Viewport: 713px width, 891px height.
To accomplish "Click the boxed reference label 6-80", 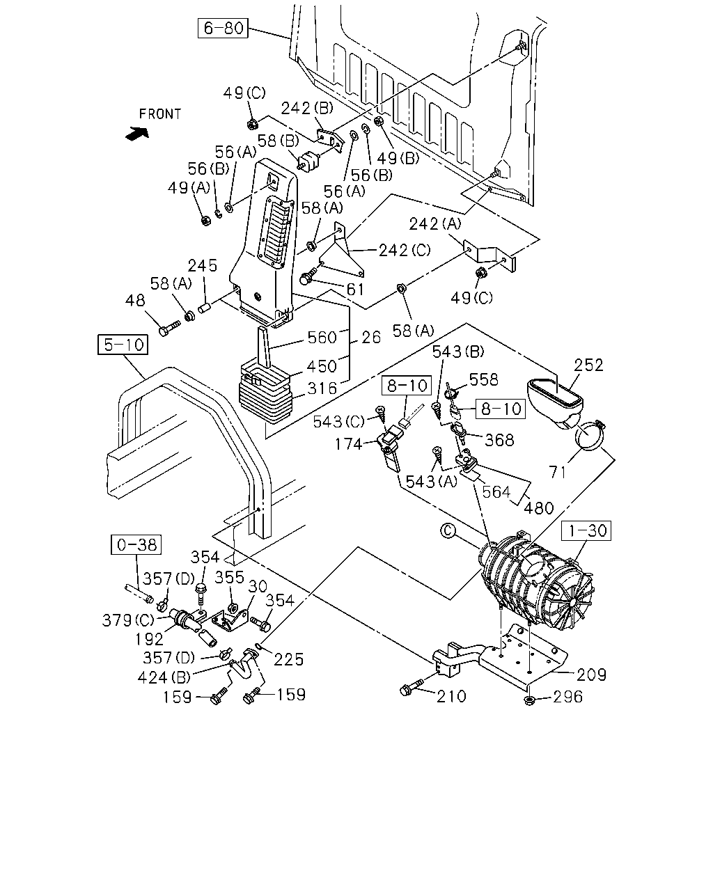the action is (223, 28).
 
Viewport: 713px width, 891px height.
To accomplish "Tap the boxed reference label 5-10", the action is (123, 345).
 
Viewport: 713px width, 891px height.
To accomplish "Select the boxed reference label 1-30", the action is (586, 530).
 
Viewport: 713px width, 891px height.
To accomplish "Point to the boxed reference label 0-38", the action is (136, 544).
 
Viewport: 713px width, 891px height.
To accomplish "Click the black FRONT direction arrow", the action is (137, 134).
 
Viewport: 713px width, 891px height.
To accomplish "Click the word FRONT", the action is (160, 114).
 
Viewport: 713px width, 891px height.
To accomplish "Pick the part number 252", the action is (588, 365).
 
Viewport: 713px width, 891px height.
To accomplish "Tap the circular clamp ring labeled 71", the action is (589, 436).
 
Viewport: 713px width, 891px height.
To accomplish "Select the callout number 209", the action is (592, 675).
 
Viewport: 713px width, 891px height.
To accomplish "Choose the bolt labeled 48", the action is (169, 328).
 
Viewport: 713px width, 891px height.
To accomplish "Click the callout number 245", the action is (202, 265).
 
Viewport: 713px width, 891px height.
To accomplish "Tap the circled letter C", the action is (448, 531).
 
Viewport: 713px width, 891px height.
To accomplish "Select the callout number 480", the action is (539, 508).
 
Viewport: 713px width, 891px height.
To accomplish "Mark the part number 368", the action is (500, 440).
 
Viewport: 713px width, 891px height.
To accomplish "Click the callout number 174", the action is (348, 444).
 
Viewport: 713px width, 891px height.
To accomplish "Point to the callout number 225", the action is (289, 659).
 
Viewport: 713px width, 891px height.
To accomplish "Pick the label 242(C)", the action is (405, 250).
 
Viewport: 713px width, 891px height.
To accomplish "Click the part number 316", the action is (322, 388).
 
